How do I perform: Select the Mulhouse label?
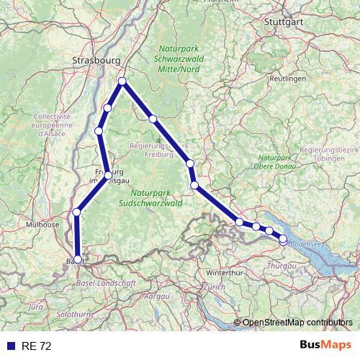tap(42, 225)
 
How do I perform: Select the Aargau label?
tap(156, 296)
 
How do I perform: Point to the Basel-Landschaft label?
tap(107, 283)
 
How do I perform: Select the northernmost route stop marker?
tap(122, 81)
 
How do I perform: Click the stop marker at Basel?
tap(78, 259)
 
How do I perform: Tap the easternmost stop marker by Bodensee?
tap(283, 238)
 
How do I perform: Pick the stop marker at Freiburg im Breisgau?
tap(108, 175)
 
